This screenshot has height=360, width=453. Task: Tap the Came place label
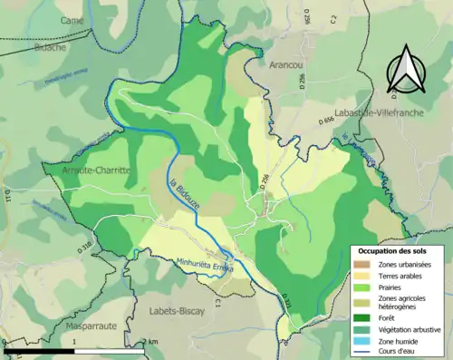click(x=71, y=19)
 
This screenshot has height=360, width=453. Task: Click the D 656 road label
click(x=327, y=120)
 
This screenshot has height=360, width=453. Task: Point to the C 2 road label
click(x=333, y=17)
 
